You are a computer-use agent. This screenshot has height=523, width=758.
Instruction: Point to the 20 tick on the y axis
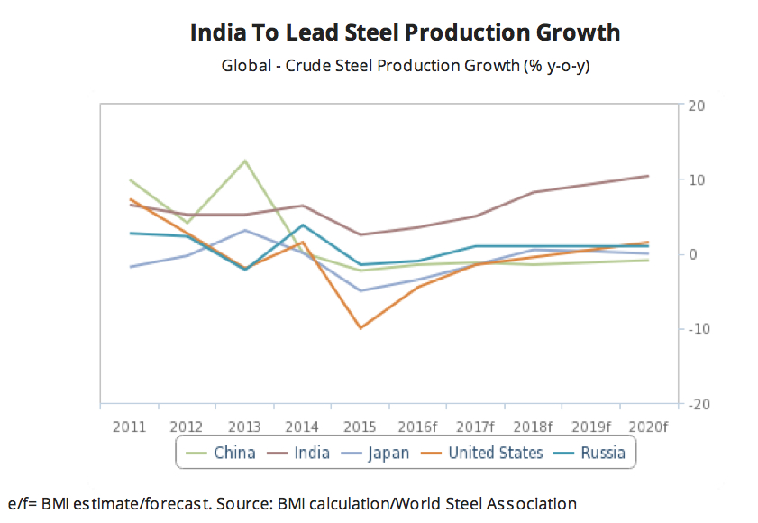pyautogui.click(x=695, y=106)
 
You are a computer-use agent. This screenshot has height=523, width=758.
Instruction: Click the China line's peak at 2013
pyautogui.click(x=245, y=161)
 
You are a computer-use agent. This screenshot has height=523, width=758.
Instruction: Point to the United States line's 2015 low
pyautogui.click(x=361, y=328)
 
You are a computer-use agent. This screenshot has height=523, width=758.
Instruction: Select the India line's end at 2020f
pyautogui.click(x=648, y=176)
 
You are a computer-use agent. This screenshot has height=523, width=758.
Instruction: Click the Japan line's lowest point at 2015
pyautogui.click(x=361, y=290)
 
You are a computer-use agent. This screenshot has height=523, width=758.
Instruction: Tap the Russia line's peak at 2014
pyautogui.click(x=304, y=225)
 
